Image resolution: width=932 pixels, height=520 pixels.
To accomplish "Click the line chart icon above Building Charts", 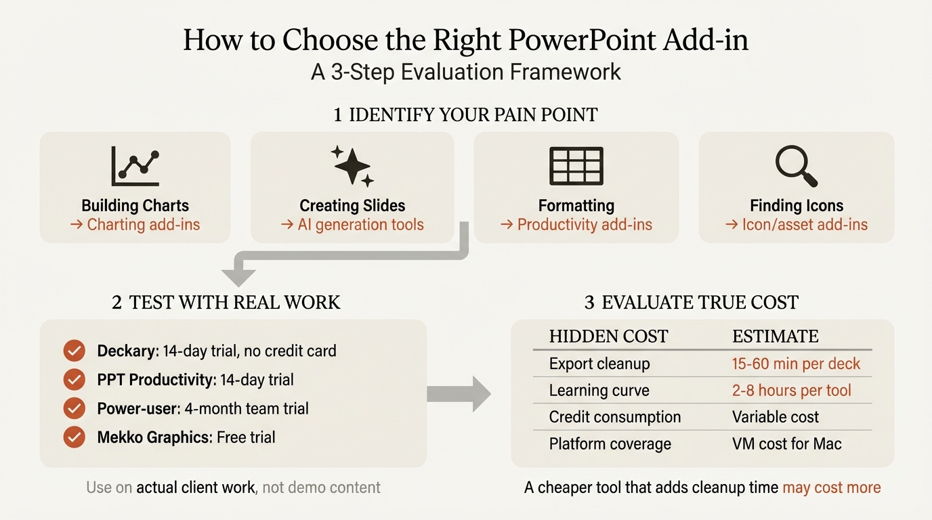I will tap(135, 167).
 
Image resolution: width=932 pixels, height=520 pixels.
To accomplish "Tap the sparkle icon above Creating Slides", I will tap(352, 166).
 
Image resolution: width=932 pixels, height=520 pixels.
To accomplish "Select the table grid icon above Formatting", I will tap(576, 166).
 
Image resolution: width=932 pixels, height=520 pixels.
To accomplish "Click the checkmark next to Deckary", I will tap(74, 351).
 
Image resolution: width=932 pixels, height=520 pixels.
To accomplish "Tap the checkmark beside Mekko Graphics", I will tap(74, 437).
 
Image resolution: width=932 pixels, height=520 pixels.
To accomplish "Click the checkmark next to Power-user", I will tap(74, 408).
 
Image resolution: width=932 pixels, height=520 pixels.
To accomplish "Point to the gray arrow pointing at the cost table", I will tap(459, 394).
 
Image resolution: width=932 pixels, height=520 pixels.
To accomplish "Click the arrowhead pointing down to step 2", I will tap(239, 276).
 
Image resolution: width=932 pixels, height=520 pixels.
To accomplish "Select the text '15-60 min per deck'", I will tap(796, 364).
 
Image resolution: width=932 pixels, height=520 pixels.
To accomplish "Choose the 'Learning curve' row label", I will tap(599, 391).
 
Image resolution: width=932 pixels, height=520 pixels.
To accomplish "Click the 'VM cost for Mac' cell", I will tap(786, 444).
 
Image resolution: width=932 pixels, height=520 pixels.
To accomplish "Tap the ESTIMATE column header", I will tap(776, 337).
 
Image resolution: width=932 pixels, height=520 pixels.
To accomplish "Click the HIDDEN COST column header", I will tap(608, 337).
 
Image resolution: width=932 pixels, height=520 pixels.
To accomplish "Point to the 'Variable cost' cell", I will tap(776, 417).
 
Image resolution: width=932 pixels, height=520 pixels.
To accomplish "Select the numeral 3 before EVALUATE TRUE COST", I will tap(589, 302).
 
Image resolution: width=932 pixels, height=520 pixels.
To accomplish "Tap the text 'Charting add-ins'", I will tap(144, 225).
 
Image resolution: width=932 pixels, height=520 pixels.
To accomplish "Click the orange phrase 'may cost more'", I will tap(832, 487).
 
